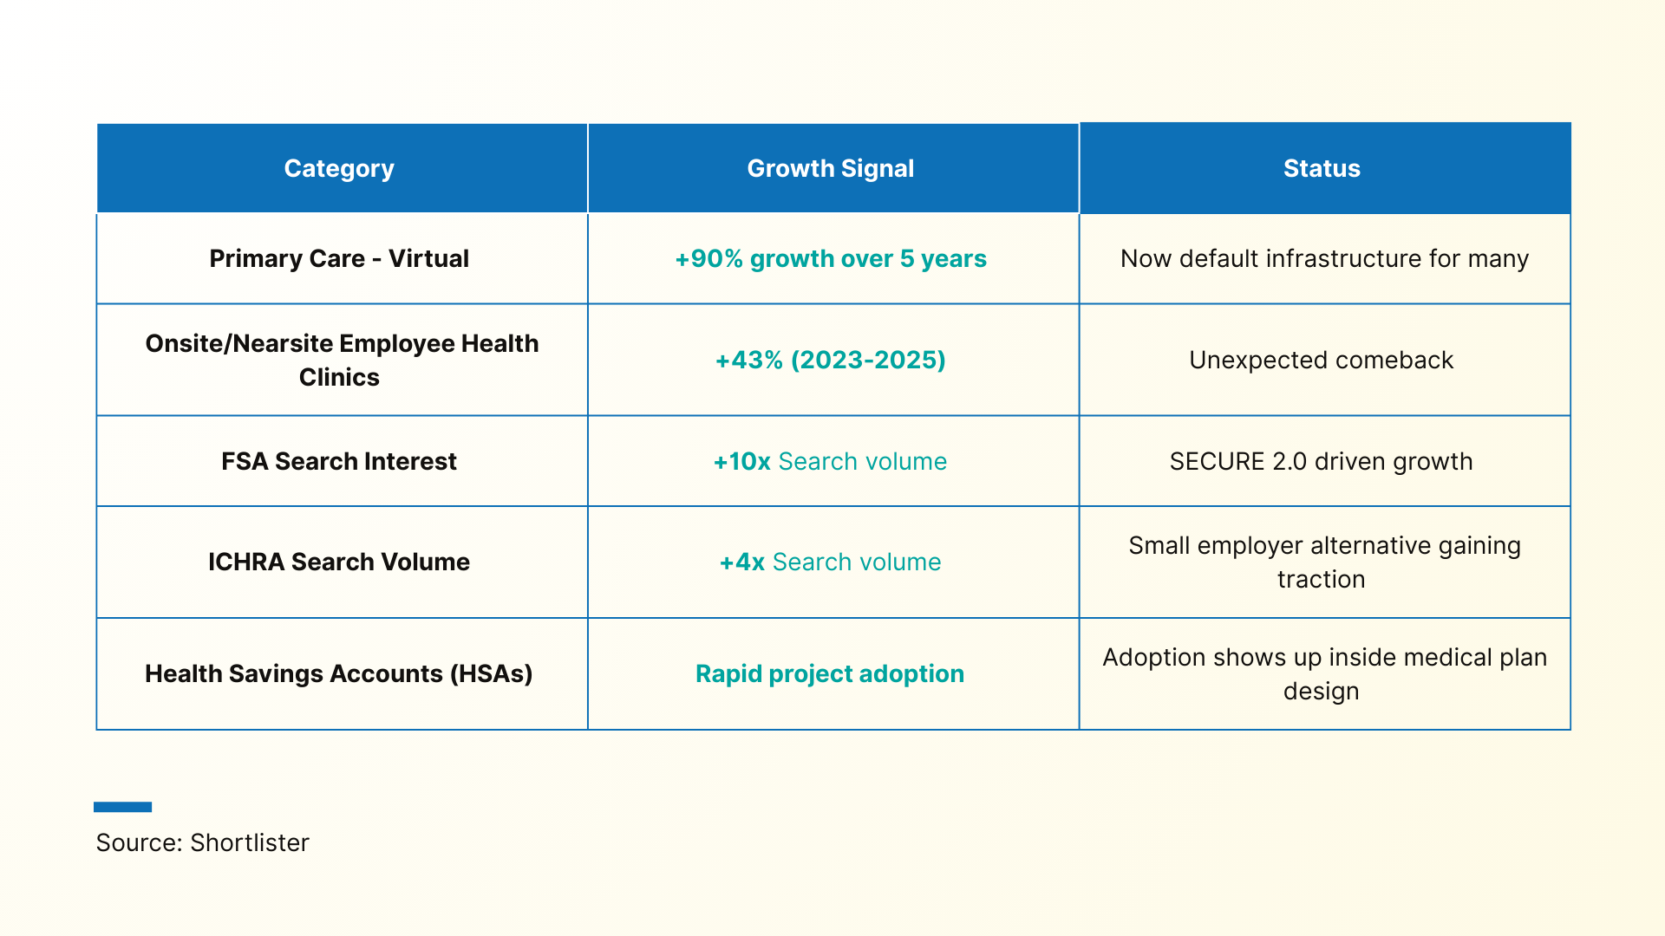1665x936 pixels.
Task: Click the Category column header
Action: click(x=339, y=168)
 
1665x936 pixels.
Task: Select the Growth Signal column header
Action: click(x=830, y=168)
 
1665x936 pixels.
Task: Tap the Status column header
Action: click(x=1322, y=168)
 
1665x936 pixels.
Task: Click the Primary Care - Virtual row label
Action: click(x=339, y=258)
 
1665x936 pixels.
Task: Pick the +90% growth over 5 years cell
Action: click(x=830, y=258)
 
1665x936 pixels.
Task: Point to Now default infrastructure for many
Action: click(x=1324, y=258)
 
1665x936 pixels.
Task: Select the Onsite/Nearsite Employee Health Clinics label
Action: click(x=342, y=360)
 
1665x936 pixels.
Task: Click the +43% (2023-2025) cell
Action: click(x=830, y=360)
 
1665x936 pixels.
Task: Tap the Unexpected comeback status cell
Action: click(x=1321, y=360)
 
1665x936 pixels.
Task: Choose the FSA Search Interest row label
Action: click(x=339, y=461)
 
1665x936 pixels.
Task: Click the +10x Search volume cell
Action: click(x=830, y=461)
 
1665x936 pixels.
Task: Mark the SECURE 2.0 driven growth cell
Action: click(x=1321, y=461)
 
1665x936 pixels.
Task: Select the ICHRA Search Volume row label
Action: click(x=339, y=562)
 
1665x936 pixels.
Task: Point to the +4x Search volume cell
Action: click(x=830, y=562)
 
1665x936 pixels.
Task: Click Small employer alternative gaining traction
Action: click(x=1323, y=562)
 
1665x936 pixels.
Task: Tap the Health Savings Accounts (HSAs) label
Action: click(x=339, y=673)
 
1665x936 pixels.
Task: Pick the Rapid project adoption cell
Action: click(x=830, y=673)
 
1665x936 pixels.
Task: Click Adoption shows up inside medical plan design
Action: click(x=1324, y=673)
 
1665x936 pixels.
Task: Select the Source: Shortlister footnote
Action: click(x=202, y=842)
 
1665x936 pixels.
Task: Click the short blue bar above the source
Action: click(x=122, y=807)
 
